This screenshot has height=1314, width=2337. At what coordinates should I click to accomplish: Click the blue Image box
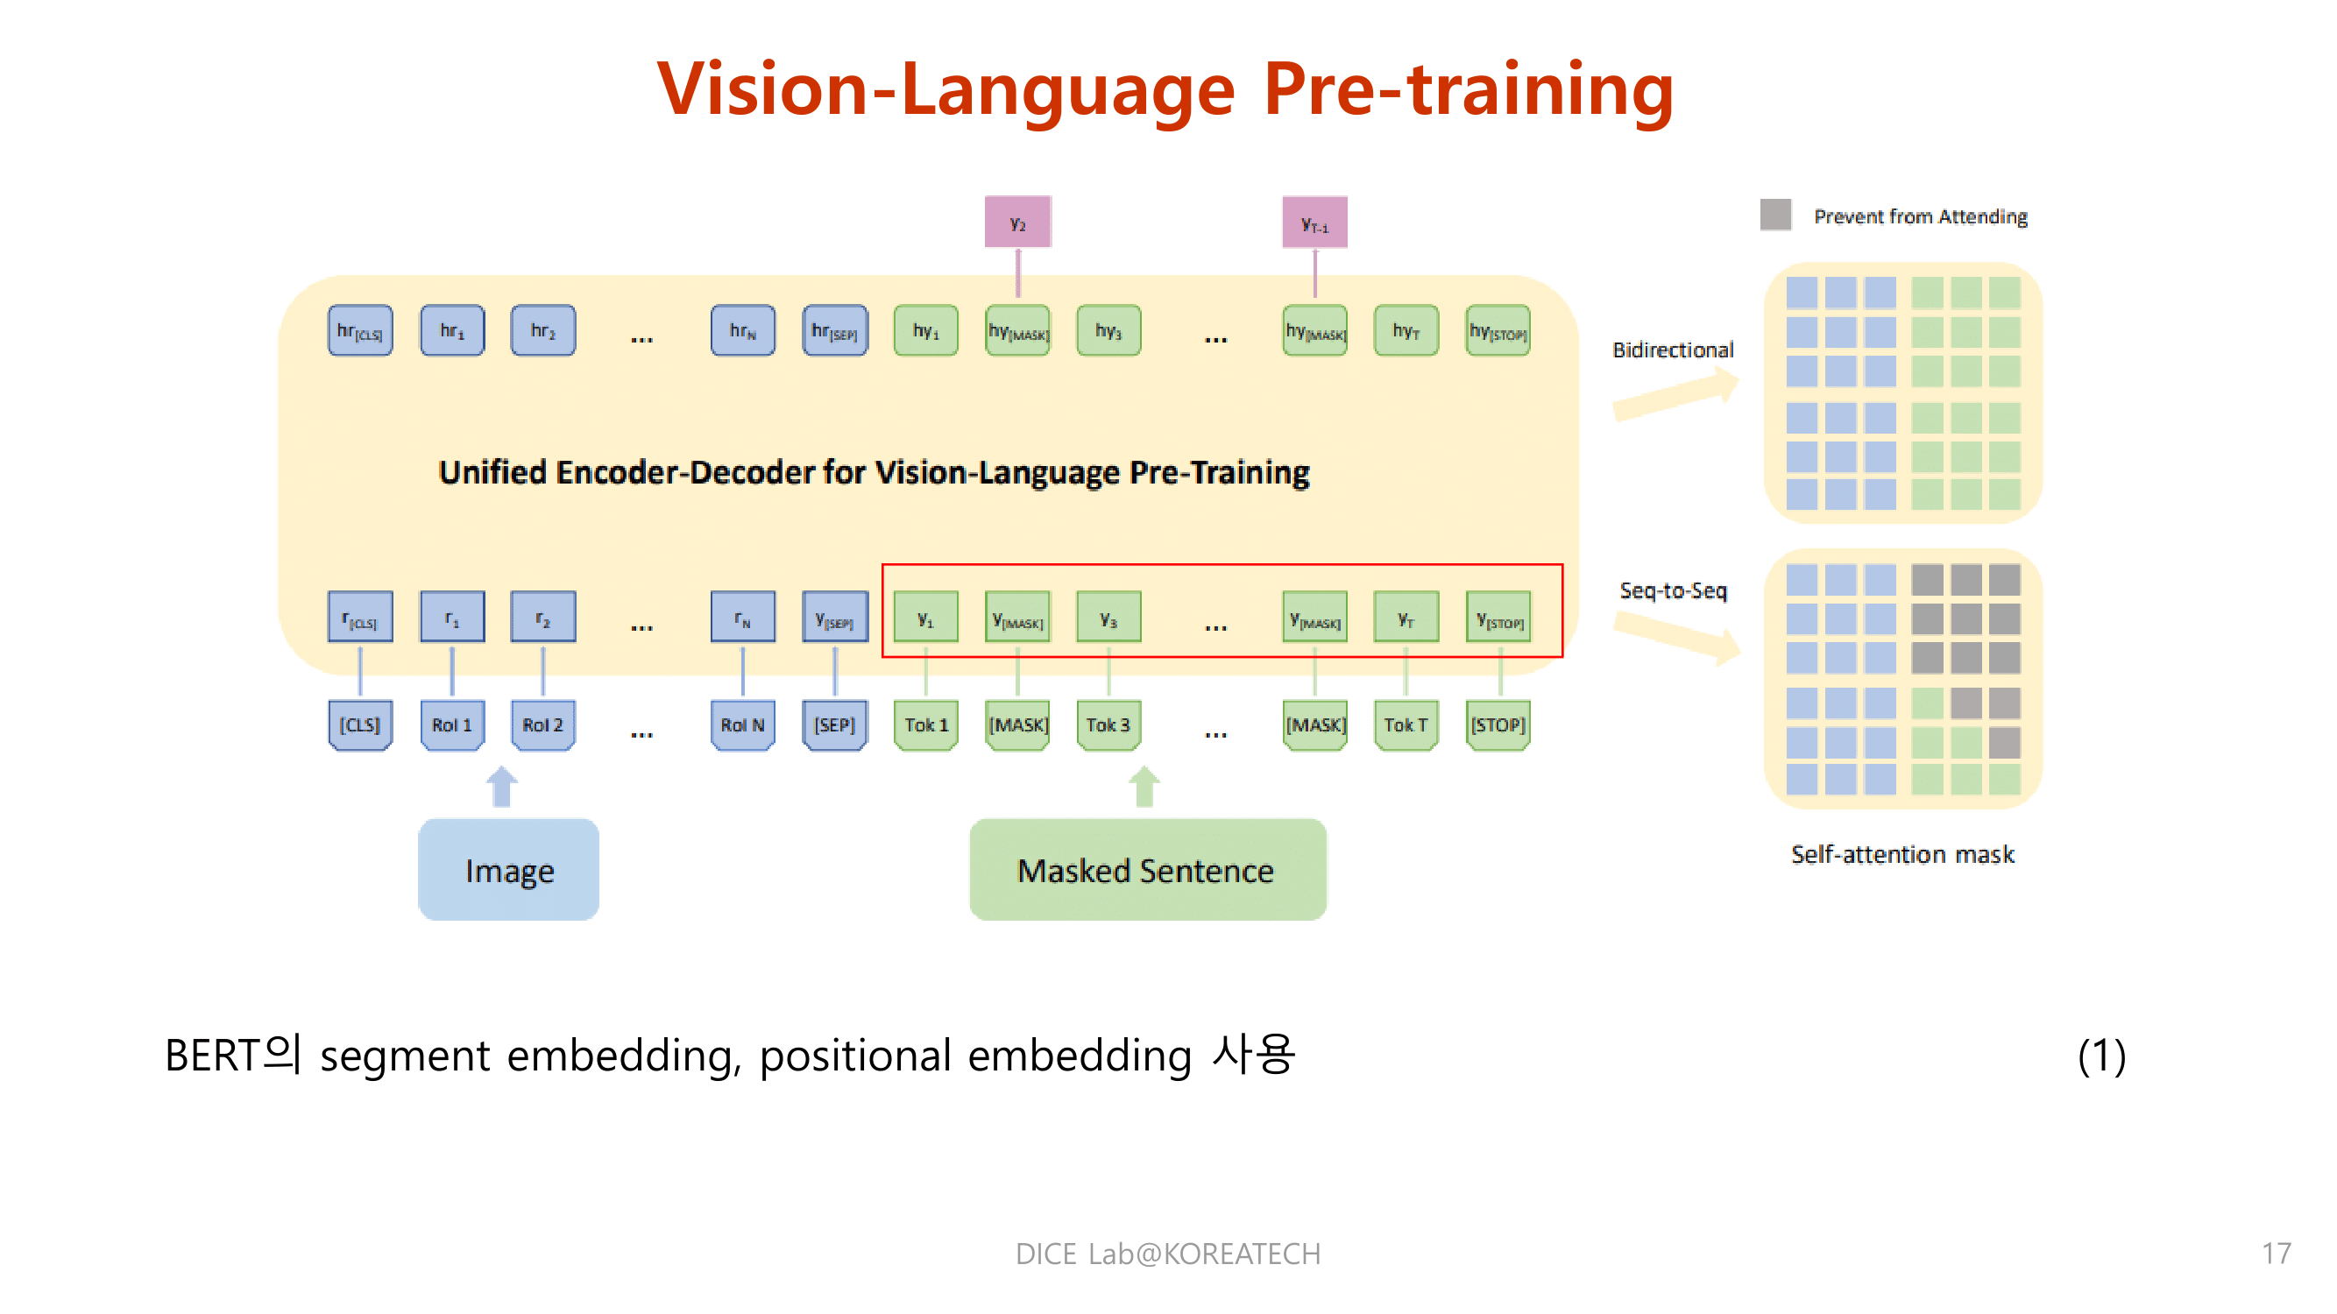click(508, 870)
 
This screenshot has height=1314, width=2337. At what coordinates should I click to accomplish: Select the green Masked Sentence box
click(1147, 870)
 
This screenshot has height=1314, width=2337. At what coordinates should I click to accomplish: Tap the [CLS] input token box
click(360, 724)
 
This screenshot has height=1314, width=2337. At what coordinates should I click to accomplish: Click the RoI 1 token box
click(452, 724)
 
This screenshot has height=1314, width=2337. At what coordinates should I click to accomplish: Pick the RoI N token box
click(742, 724)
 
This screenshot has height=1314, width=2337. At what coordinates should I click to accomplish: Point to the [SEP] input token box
click(834, 724)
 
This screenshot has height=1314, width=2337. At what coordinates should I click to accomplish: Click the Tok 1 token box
click(925, 724)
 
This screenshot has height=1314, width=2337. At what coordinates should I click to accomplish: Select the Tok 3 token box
click(1108, 724)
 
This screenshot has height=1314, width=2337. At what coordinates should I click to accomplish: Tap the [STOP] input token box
click(1498, 724)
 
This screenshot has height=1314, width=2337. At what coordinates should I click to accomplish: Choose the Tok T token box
click(1406, 724)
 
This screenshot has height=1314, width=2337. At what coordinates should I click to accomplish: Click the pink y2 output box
click(1018, 223)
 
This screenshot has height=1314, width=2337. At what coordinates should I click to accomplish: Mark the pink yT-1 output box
click(1314, 223)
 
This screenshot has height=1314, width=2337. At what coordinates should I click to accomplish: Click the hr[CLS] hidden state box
click(360, 331)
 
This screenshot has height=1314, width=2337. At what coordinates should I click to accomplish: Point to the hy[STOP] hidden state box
click(1498, 331)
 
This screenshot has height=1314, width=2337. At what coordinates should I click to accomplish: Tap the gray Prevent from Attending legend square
click(1775, 215)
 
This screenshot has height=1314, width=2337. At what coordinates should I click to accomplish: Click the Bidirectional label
click(1673, 350)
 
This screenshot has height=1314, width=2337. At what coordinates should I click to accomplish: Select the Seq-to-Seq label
click(1673, 590)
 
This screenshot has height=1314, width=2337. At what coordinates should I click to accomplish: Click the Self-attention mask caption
click(1901, 854)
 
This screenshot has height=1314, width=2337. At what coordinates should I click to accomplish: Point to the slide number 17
click(2277, 1254)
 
